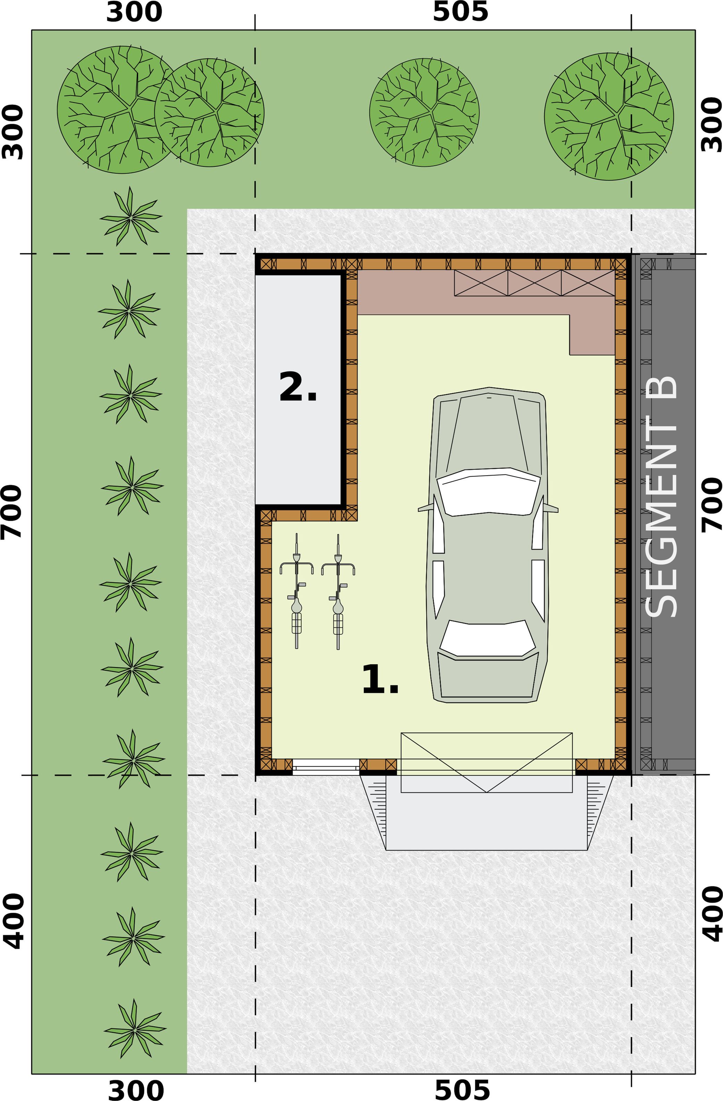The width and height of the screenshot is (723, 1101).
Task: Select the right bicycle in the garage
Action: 338,591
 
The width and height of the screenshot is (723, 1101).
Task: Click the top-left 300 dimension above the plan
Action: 134,13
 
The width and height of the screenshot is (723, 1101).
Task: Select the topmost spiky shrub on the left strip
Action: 131,216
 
